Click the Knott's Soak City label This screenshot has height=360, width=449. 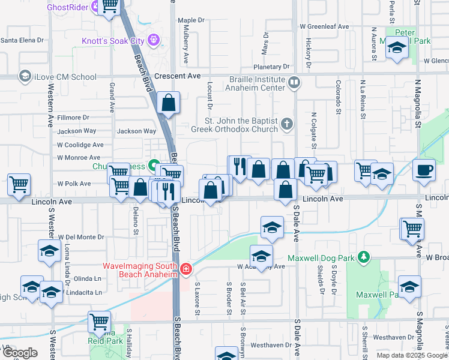tap(112, 41)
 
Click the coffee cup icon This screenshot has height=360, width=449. tap(424, 169)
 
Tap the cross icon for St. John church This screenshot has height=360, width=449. tap(287, 124)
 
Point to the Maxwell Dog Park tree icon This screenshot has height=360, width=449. tap(363, 257)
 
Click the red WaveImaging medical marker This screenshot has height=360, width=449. tap(186, 269)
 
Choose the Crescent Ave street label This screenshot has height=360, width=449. tap(177, 77)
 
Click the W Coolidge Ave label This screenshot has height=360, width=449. tap(80, 145)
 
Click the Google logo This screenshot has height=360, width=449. tap(20, 353)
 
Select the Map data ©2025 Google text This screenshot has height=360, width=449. tap(411, 355)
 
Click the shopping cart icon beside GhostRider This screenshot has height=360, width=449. tap(109, 7)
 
